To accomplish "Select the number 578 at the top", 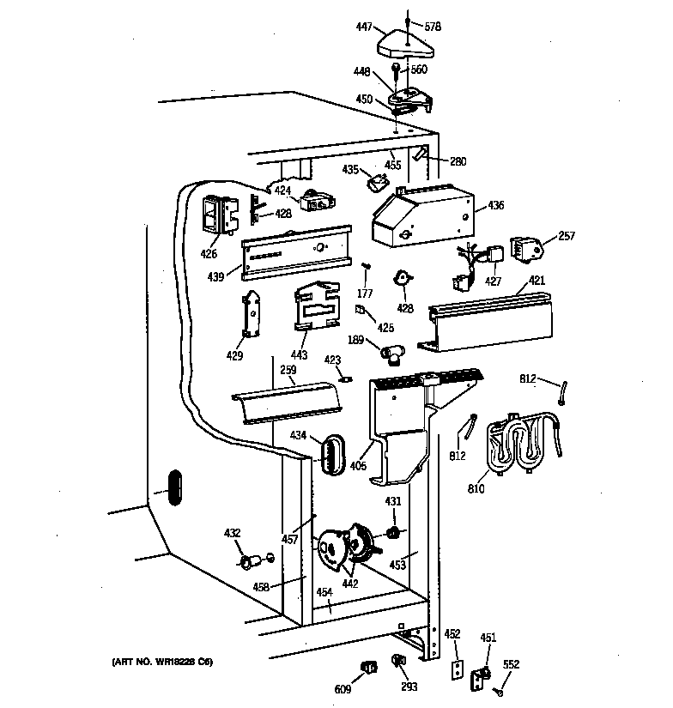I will pos(433,27).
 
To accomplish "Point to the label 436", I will pos(495,206).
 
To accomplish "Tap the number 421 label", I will pos(537,281).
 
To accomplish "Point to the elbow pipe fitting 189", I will pos(397,351).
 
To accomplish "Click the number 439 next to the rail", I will pos(215,276).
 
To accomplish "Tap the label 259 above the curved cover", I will pos(287,370).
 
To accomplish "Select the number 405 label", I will pos(357,466).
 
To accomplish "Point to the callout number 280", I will pos(458,161).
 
